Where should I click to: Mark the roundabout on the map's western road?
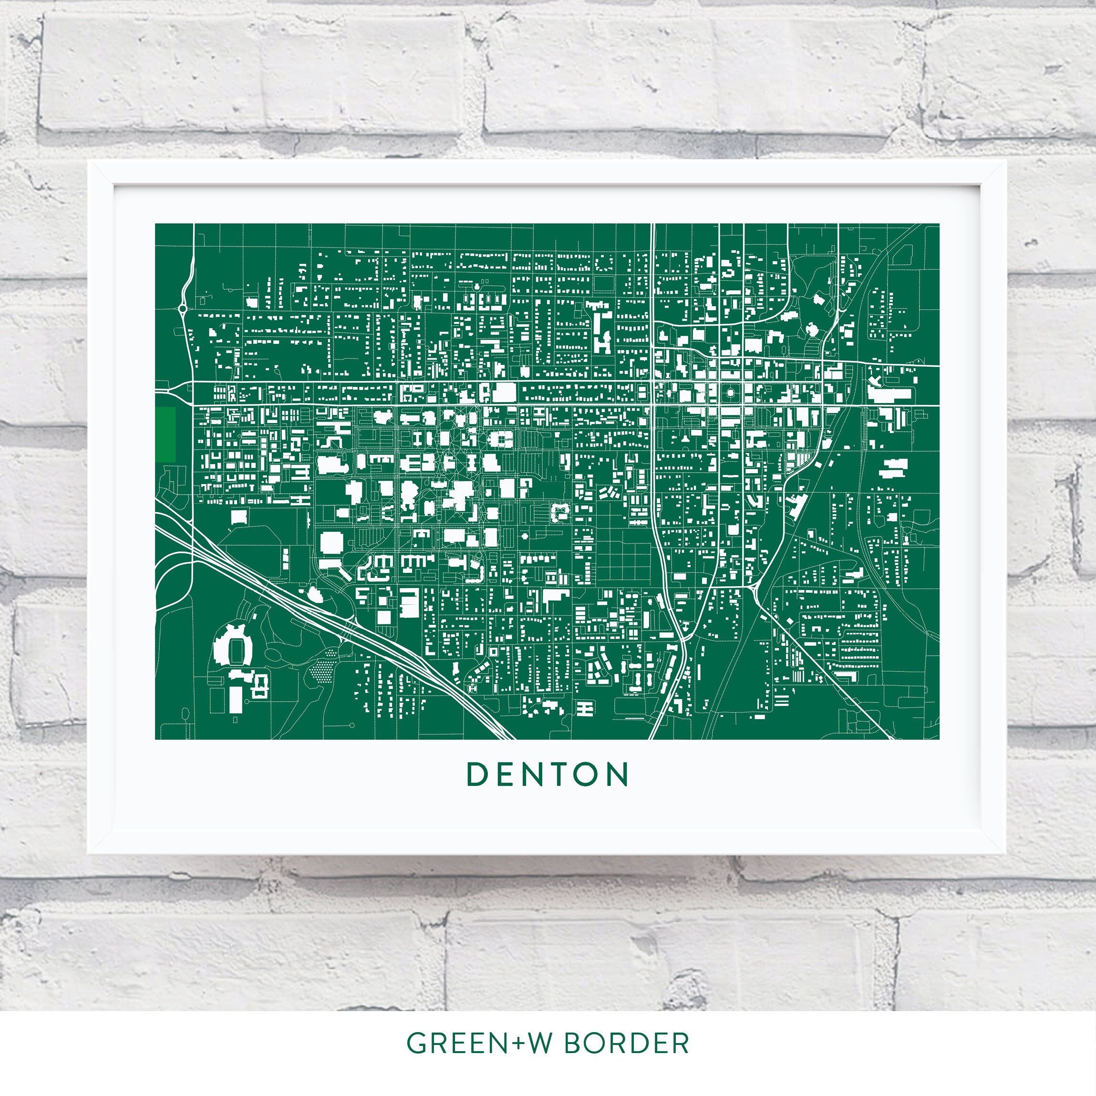(183, 309)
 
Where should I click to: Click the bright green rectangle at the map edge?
(165, 434)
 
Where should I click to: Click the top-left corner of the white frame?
(89, 162)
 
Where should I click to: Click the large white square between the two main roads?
(504, 393)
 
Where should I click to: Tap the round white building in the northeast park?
(812, 330)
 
